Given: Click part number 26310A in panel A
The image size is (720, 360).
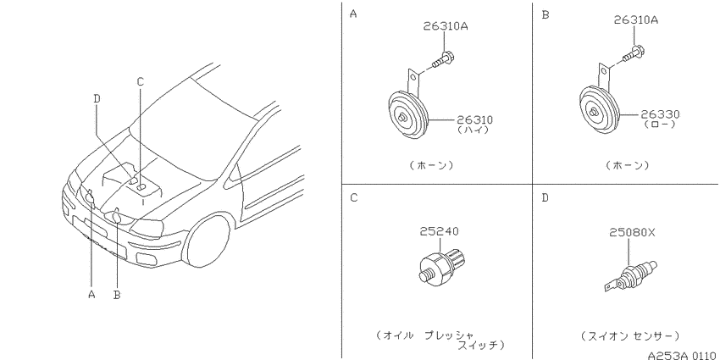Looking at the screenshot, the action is coord(445,26).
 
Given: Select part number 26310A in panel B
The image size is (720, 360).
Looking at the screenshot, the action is coord(635,20).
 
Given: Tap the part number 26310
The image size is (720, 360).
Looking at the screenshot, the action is coord(474,120).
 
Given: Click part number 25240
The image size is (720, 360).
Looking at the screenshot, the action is coord(439,231).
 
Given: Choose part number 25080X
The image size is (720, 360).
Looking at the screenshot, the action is coord(632,232).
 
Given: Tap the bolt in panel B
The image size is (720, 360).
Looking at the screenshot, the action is coord(633,53).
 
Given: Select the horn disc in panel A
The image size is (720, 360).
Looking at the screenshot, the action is coord(407,115).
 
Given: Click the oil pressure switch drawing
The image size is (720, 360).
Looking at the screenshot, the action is coord(440,264).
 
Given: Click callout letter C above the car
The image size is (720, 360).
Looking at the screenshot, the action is coord(141,81).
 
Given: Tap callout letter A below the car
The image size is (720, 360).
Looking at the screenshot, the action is coord(91,294).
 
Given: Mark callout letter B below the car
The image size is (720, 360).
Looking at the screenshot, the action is coord(117,295).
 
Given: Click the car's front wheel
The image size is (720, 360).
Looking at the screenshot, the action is coord(208,242).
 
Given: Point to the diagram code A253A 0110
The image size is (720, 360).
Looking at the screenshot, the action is coord(683,356).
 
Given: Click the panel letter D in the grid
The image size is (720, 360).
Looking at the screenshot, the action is coord(545,198).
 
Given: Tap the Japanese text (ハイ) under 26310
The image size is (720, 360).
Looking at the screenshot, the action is coord(473,130).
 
